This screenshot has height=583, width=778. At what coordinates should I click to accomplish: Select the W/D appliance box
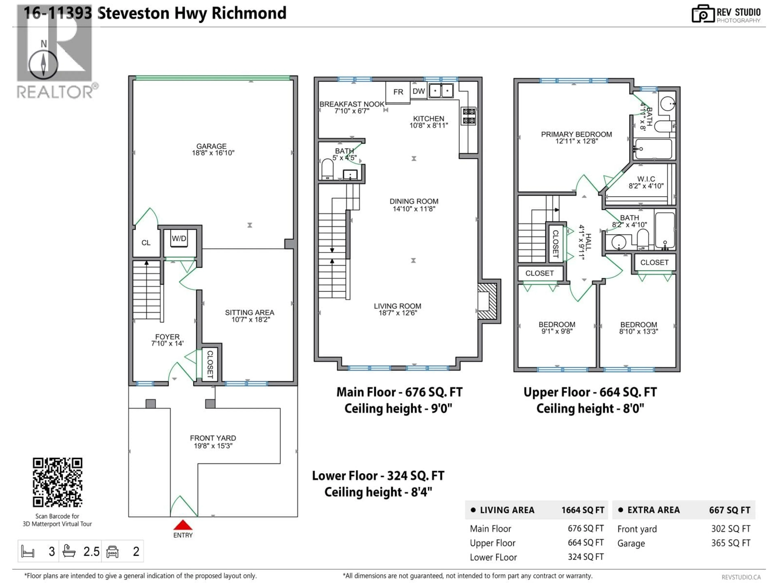(x=179, y=239)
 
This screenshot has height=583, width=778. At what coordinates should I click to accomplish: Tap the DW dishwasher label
(x=419, y=91)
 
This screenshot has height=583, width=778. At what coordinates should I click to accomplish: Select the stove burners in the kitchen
(x=468, y=116)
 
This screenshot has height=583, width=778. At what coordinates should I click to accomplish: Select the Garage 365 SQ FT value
(x=731, y=543)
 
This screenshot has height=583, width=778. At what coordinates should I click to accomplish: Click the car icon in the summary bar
(x=112, y=551)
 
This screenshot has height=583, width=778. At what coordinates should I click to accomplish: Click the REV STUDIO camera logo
(x=703, y=14)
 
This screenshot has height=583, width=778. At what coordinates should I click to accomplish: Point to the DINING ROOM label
(x=414, y=201)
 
